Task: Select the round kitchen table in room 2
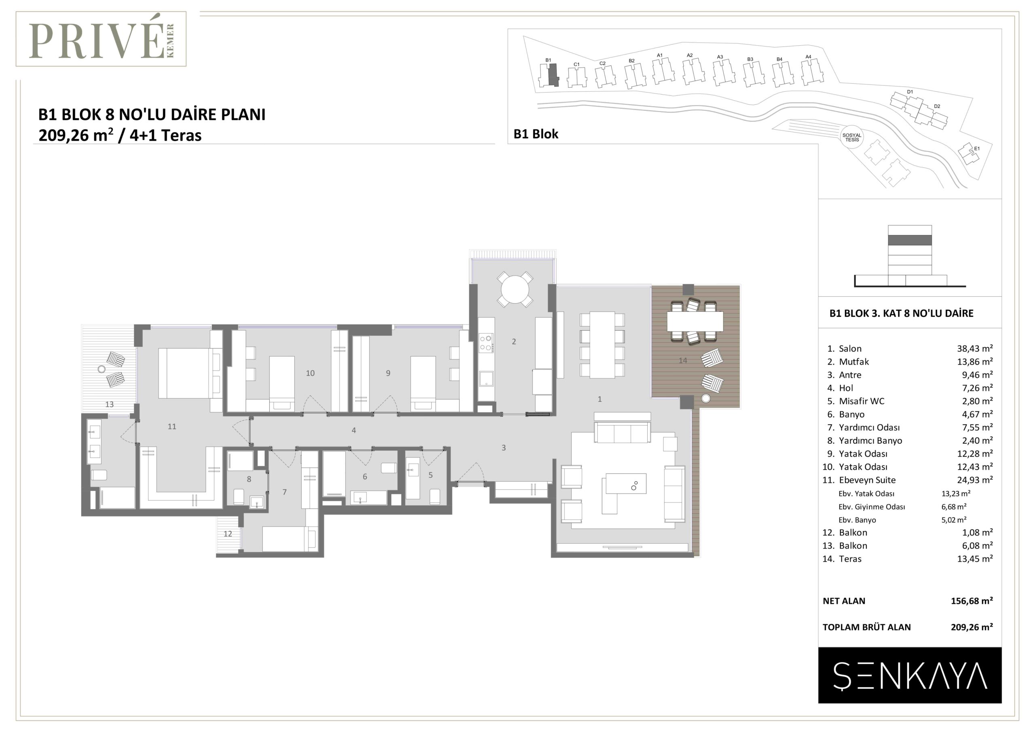(x=515, y=289)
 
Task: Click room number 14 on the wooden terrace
(x=683, y=360)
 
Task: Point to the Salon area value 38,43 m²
(x=975, y=348)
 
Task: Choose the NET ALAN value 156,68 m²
(x=972, y=600)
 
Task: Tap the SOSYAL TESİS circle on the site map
(x=852, y=137)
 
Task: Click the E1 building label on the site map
(x=977, y=148)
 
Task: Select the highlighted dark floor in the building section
(x=910, y=240)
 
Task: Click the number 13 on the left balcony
(x=110, y=404)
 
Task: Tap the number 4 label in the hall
(x=354, y=430)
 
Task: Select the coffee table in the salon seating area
(x=626, y=484)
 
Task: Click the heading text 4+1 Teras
(x=166, y=135)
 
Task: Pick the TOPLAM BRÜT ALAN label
(x=866, y=627)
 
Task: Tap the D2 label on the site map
(x=937, y=106)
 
